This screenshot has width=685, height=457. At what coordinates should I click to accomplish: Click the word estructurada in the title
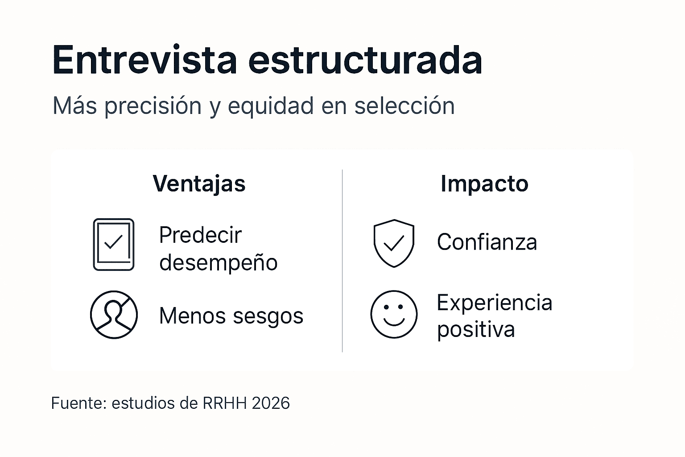pos(365,60)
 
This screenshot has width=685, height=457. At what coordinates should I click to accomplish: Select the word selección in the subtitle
pos(404,106)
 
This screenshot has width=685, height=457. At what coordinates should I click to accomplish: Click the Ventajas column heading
pos(199,183)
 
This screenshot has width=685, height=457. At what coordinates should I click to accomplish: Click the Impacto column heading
pos(484,183)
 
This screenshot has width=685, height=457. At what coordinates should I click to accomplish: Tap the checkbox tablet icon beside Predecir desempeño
pos(114,244)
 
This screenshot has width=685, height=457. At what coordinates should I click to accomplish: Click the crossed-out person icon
pos(114,315)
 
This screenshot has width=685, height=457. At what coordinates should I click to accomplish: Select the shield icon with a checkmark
pos(394,243)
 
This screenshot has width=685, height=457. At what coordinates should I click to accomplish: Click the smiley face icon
pos(394,315)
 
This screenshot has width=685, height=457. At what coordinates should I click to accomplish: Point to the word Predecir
pos(200,235)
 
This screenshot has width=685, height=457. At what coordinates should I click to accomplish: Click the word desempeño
pos(218,262)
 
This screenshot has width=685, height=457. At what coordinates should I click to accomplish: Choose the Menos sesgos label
pos(231,316)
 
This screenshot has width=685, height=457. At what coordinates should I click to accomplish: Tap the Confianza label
pos(487,242)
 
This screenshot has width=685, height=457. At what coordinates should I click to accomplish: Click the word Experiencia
pos(494,303)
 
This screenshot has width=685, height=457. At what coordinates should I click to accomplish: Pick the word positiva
pos(475,330)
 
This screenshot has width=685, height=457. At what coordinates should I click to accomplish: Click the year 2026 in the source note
pos(271,403)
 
